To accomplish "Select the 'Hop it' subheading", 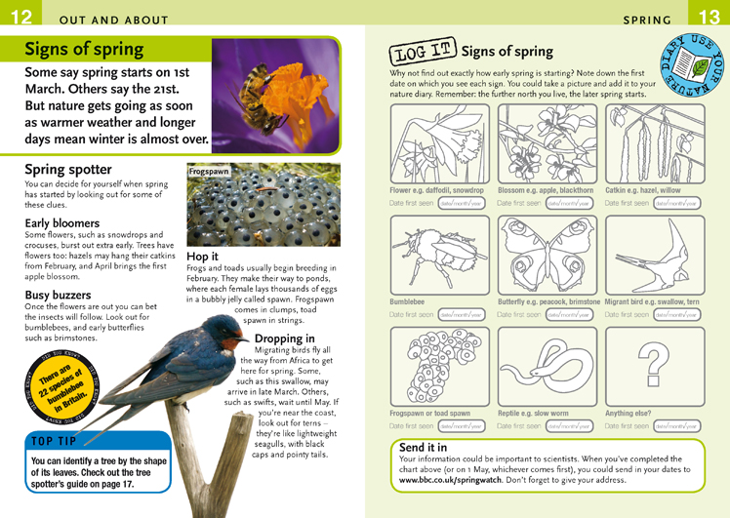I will pyautogui.click(x=203, y=257).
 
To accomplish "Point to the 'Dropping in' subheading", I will pyautogui.click(x=284, y=339).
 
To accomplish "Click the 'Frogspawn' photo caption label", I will pyautogui.click(x=208, y=172).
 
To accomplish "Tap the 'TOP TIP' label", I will pyautogui.click(x=62, y=441).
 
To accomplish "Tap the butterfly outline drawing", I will pyautogui.click(x=546, y=256).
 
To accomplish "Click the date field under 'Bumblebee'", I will pyautogui.click(x=462, y=315).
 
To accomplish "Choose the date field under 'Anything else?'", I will pyautogui.click(x=676, y=426).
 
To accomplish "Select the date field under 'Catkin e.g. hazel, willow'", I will pyautogui.click(x=676, y=204).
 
